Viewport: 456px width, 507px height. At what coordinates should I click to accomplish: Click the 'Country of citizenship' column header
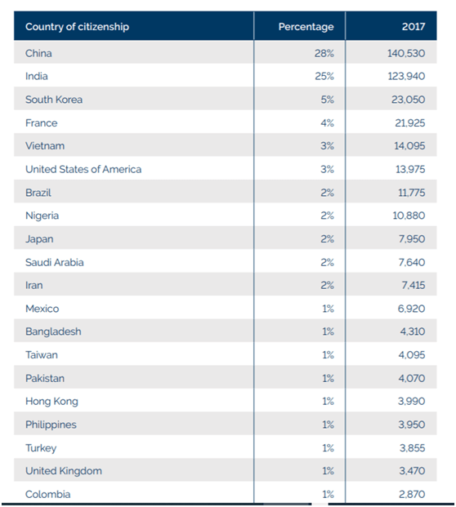pyautogui.click(x=77, y=26)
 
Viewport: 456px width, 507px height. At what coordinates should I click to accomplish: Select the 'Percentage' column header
pyautogui.click(x=306, y=26)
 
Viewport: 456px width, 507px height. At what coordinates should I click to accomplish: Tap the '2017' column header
pyautogui.click(x=414, y=26)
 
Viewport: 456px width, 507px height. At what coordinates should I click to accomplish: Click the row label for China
pyautogui.click(x=38, y=53)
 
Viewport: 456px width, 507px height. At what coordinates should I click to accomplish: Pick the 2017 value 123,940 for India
pyautogui.click(x=406, y=76)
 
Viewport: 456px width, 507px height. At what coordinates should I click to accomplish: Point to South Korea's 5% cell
pyautogui.click(x=327, y=100)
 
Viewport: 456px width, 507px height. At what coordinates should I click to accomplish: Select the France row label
pyautogui.click(x=42, y=122)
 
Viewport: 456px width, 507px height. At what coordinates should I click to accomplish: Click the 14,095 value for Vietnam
pyautogui.click(x=409, y=146)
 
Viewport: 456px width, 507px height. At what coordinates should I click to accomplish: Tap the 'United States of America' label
pyautogui.click(x=83, y=169)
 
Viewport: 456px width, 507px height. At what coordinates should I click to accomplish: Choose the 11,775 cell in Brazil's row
pyautogui.click(x=411, y=193)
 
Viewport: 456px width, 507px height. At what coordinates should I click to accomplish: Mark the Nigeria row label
pyautogui.click(x=42, y=216)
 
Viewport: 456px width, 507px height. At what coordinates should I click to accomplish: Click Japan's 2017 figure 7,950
pyautogui.click(x=412, y=239)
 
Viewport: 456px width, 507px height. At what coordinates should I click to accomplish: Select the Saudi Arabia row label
pyautogui.click(x=55, y=262)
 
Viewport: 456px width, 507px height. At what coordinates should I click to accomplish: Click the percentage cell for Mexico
pyautogui.click(x=328, y=309)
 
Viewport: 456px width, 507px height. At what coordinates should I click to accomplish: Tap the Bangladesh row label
pyautogui.click(x=53, y=331)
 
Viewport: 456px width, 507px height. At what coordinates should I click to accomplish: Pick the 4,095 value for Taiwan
pyautogui.click(x=412, y=355)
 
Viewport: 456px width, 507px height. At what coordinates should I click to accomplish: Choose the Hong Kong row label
pyautogui.click(x=51, y=402)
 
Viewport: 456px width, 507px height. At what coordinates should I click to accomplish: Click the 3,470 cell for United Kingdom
pyautogui.click(x=412, y=471)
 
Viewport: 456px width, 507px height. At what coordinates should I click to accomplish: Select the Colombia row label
pyautogui.click(x=48, y=495)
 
